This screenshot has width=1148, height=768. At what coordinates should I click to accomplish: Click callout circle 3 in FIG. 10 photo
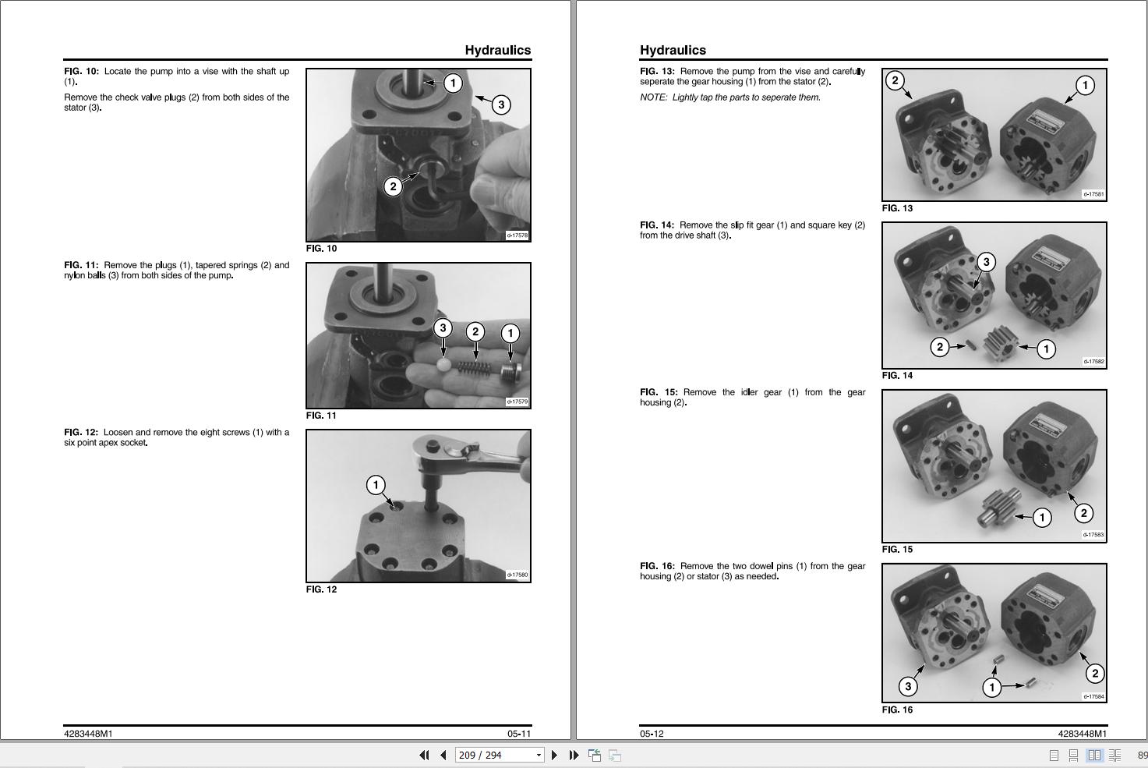click(x=500, y=105)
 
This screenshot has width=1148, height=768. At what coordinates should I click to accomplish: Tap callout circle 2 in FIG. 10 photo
click(x=393, y=186)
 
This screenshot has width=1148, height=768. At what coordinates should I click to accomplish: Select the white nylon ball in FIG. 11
click(x=443, y=365)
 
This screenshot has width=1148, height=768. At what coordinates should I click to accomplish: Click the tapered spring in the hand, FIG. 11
click(x=474, y=367)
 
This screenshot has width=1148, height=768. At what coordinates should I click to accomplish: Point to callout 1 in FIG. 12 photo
click(x=376, y=484)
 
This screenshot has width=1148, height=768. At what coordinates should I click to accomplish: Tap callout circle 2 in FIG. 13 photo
click(x=895, y=80)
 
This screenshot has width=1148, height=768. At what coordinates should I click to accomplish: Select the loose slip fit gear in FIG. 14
click(x=1000, y=343)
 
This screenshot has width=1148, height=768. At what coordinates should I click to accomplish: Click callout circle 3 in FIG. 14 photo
click(x=986, y=262)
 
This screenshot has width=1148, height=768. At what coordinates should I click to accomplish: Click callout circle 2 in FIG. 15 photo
click(x=1083, y=513)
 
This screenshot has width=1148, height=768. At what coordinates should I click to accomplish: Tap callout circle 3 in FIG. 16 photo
click(x=908, y=686)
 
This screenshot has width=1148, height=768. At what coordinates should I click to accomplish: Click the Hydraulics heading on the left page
click(x=498, y=50)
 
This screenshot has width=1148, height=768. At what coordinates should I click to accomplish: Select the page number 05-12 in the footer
click(x=652, y=734)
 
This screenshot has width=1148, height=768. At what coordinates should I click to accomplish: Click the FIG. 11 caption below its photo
click(x=321, y=416)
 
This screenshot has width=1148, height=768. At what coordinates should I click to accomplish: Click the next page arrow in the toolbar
click(x=554, y=755)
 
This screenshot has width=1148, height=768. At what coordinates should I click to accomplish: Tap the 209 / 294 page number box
click(x=499, y=755)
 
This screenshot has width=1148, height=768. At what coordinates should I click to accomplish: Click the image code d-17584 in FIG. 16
click(x=1093, y=696)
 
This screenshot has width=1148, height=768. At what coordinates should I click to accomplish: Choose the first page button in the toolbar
click(x=424, y=755)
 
